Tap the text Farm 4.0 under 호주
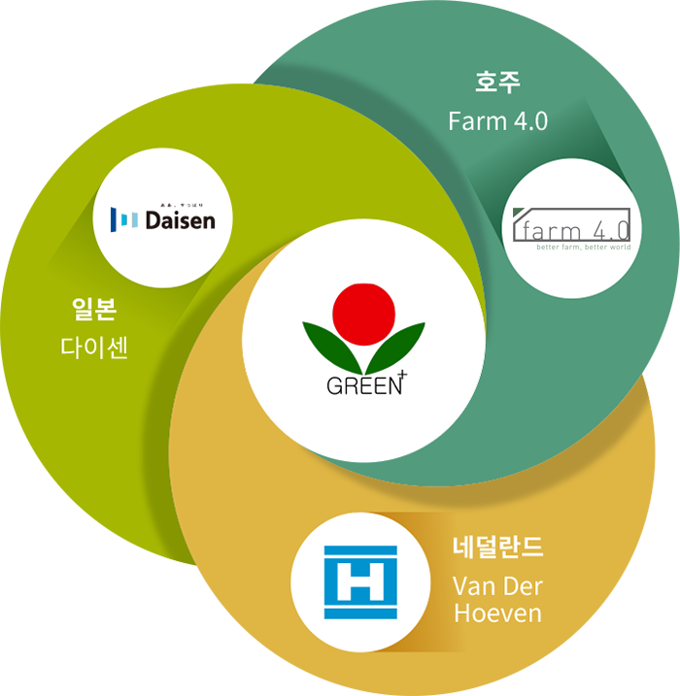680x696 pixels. coord(497,121)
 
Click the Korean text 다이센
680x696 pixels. coord(94,348)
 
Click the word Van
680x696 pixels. coord(475,586)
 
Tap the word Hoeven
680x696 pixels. coord(497,613)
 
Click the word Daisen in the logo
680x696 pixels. coord(180,221)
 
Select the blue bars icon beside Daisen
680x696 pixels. coord(125,219)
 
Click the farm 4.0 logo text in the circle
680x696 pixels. coord(573,230)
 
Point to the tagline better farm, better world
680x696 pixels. coord(583,247)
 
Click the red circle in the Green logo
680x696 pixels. coord(363,313)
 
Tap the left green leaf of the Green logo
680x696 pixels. coord(330,346)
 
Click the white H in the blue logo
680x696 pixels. coord(360,583)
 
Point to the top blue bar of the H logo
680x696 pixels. coord(360,550)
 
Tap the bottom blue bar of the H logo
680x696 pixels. coord(360,614)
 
